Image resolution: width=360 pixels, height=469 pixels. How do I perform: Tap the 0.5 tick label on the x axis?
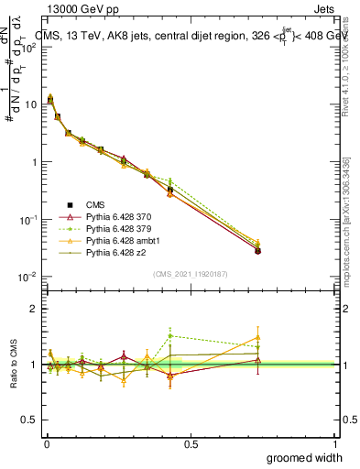[x=191, y=444]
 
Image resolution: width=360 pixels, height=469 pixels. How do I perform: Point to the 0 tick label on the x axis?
[x=46, y=444]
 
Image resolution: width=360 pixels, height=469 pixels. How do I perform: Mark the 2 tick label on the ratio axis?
[x=34, y=309]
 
